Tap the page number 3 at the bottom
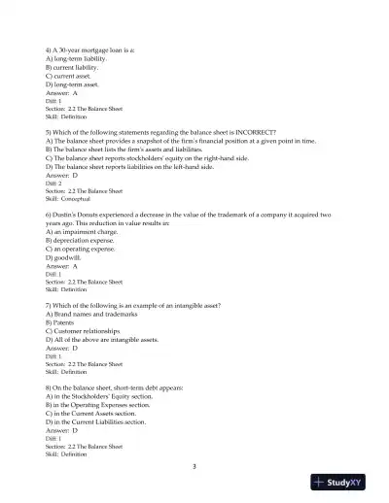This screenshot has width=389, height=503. pyautogui.click(x=194, y=467)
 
